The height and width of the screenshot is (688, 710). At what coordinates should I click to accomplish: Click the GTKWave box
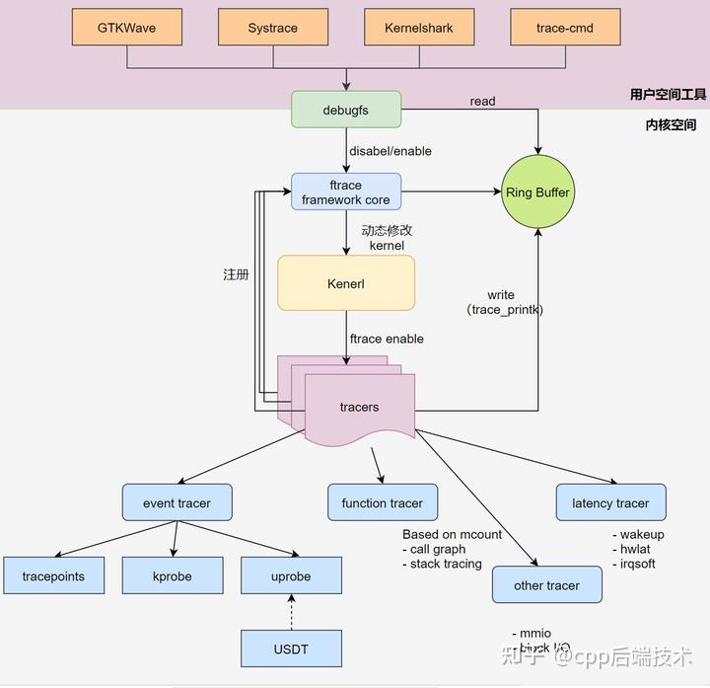(126, 28)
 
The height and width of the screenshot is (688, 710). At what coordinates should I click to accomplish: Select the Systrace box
(273, 28)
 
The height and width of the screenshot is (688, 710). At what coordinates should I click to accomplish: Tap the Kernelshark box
(419, 28)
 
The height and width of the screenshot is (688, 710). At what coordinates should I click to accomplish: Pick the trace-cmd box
(565, 28)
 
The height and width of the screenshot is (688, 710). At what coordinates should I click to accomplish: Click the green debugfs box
(345, 110)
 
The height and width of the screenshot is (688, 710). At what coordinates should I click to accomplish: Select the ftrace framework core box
(345, 191)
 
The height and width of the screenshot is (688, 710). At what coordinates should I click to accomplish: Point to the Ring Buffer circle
(537, 192)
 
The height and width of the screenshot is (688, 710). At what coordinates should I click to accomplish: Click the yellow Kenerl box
(346, 284)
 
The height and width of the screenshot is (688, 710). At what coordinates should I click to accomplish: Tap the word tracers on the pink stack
(359, 407)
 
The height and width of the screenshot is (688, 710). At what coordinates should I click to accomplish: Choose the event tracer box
(177, 502)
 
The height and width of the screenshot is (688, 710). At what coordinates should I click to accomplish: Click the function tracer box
(382, 502)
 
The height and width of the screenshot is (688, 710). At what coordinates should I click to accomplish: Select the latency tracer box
(610, 502)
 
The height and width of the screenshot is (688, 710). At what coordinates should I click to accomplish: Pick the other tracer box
(546, 584)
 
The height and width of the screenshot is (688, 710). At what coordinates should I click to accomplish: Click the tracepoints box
(53, 575)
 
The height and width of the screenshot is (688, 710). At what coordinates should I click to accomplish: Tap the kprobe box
(172, 575)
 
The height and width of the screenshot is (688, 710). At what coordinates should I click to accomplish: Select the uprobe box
(291, 575)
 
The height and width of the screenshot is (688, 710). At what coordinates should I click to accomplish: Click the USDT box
(291, 649)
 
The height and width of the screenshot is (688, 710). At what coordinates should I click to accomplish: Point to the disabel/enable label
(390, 151)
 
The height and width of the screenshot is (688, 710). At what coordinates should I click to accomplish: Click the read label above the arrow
(482, 101)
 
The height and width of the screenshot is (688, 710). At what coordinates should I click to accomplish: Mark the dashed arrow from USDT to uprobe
(291, 612)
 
